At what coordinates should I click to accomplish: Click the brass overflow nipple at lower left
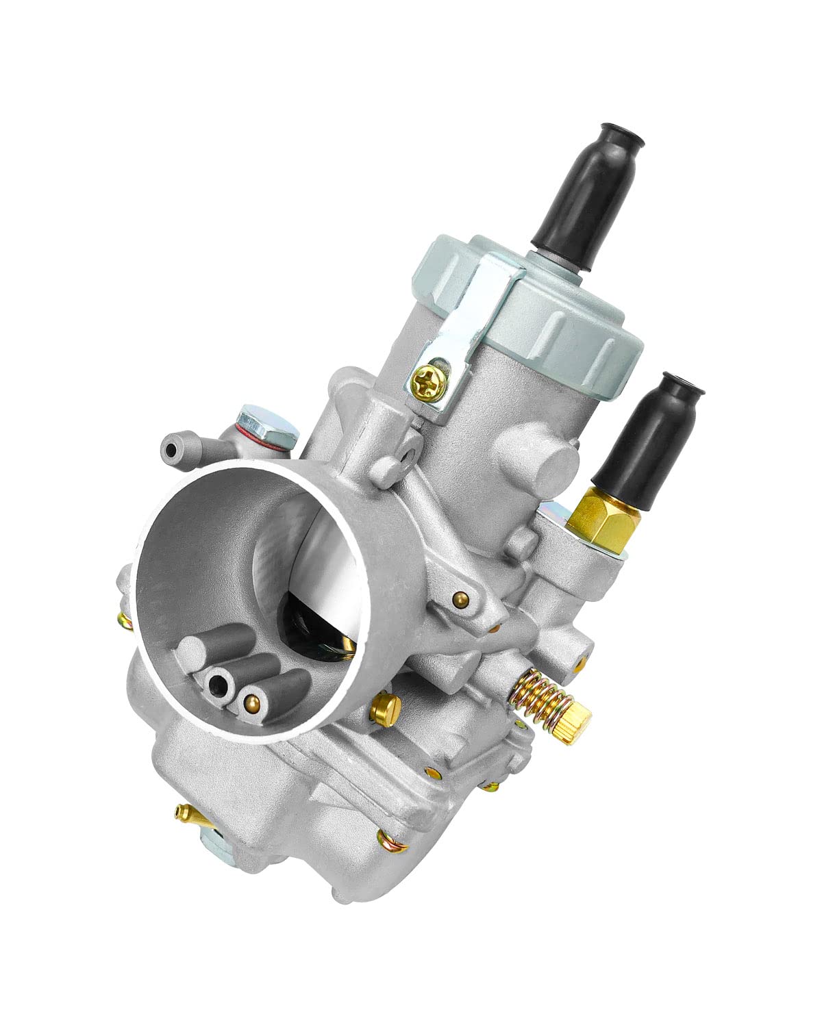tap(184, 812)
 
